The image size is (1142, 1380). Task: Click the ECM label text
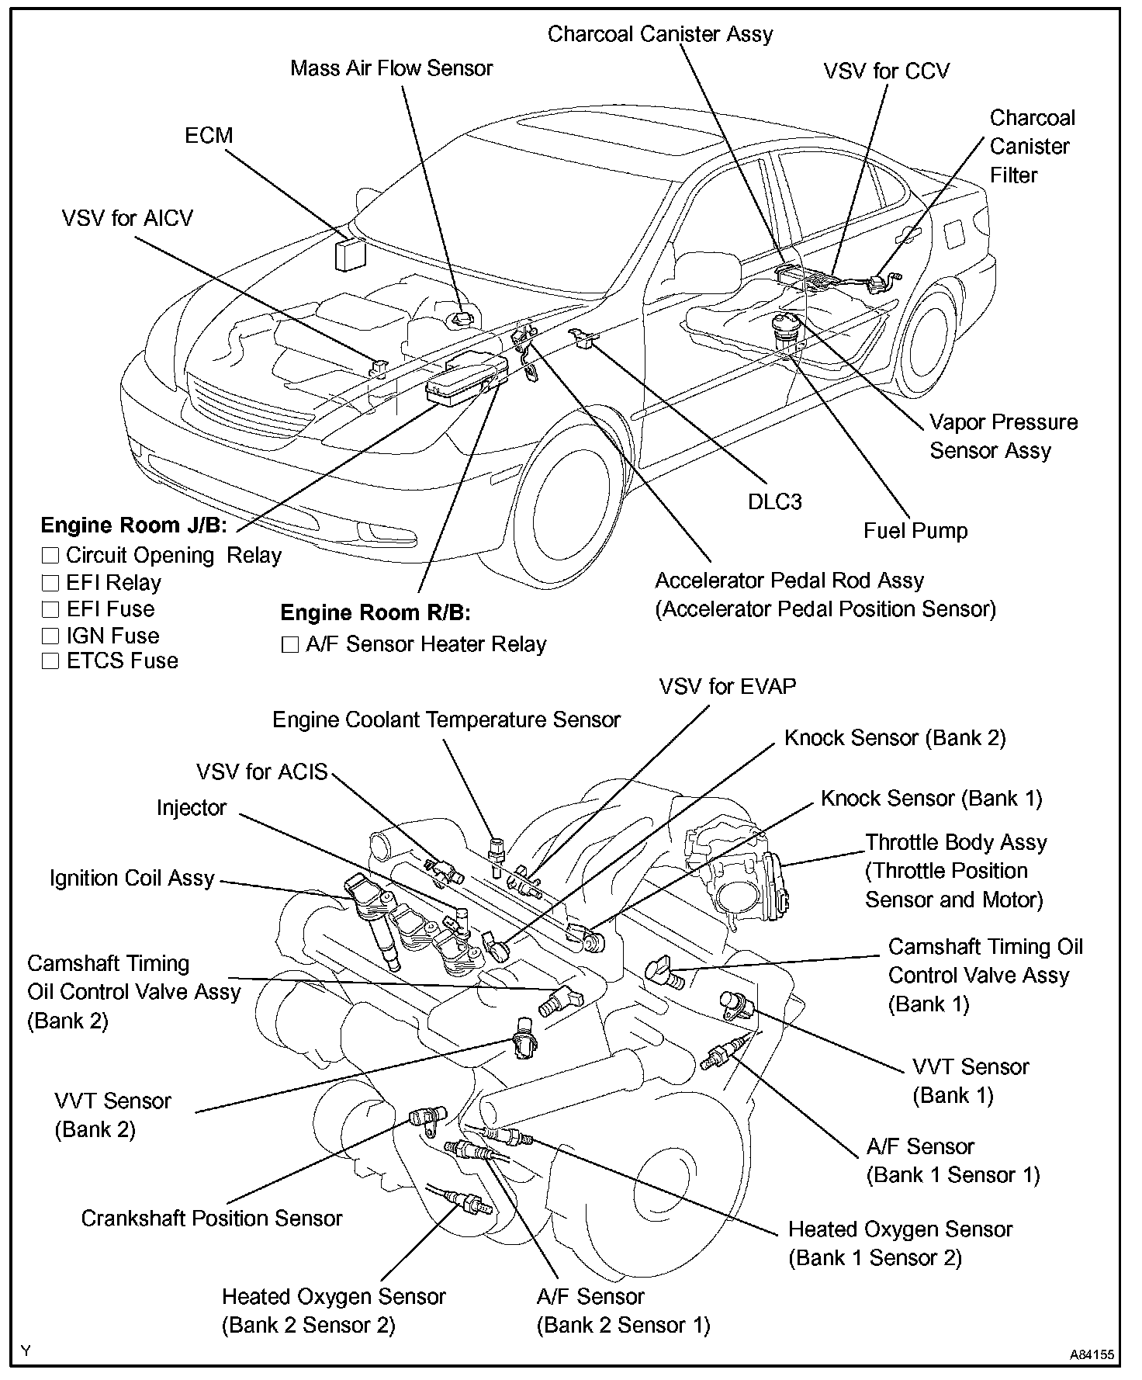pyautogui.click(x=209, y=135)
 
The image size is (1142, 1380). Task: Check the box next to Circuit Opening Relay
pyautogui.click(x=50, y=555)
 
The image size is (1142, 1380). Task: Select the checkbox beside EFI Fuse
pyautogui.click(x=50, y=609)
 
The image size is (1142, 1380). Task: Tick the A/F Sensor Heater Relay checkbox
pyautogui.click(x=289, y=645)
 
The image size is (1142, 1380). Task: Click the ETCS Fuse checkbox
pyautogui.click(x=50, y=661)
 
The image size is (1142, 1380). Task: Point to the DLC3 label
pyautogui.click(x=774, y=501)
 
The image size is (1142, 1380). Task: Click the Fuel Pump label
pyautogui.click(x=915, y=531)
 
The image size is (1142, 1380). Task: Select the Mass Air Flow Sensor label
pyautogui.click(x=392, y=68)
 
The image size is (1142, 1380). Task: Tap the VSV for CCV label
pyautogui.click(x=886, y=71)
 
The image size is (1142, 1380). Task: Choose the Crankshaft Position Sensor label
pyautogui.click(x=212, y=1219)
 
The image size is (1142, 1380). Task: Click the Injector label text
pyautogui.click(x=191, y=808)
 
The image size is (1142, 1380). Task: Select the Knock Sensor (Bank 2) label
pyautogui.click(x=895, y=738)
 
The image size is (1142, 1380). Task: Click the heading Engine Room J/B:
pyautogui.click(x=133, y=525)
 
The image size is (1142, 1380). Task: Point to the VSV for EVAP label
pyautogui.click(x=728, y=687)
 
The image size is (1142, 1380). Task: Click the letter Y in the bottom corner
pyautogui.click(x=26, y=1351)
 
